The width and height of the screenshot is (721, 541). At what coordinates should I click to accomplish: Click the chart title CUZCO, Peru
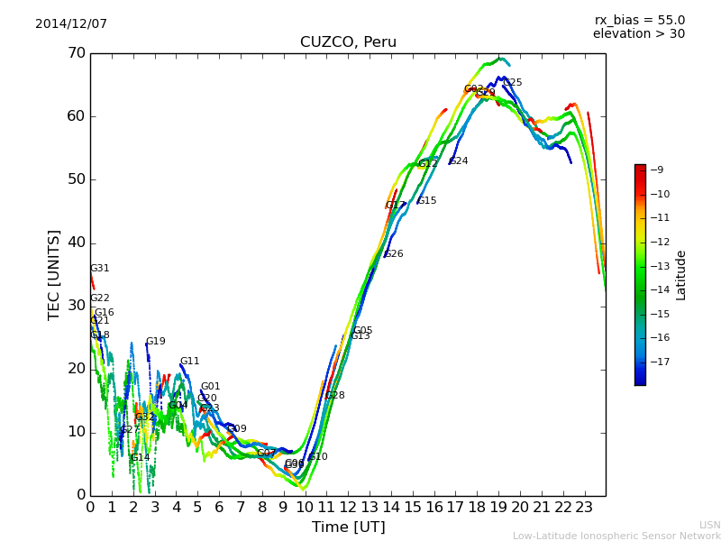click(348, 42)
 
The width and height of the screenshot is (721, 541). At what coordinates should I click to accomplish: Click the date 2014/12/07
click(71, 23)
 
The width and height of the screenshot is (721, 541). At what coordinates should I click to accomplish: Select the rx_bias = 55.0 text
click(639, 20)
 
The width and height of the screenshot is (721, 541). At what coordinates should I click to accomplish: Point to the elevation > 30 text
click(638, 34)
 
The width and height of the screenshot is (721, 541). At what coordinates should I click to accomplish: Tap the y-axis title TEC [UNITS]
click(54, 274)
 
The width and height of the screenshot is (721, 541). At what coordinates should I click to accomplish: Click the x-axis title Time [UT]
click(348, 527)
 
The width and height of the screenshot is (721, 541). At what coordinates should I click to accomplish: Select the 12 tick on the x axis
click(347, 508)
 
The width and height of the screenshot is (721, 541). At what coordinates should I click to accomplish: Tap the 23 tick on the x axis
click(583, 508)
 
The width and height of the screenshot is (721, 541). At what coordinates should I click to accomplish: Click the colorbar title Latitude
click(681, 275)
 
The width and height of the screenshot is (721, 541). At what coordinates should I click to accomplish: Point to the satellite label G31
click(100, 269)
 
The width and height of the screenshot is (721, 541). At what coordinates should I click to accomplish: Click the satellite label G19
click(156, 342)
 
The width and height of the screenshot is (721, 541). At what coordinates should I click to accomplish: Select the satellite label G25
click(512, 83)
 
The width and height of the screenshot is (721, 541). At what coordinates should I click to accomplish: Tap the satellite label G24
click(459, 161)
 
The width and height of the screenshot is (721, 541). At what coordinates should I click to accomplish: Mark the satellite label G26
click(394, 254)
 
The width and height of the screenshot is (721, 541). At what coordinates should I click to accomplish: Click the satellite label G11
click(189, 362)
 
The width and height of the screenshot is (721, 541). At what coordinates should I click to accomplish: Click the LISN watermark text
click(709, 525)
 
